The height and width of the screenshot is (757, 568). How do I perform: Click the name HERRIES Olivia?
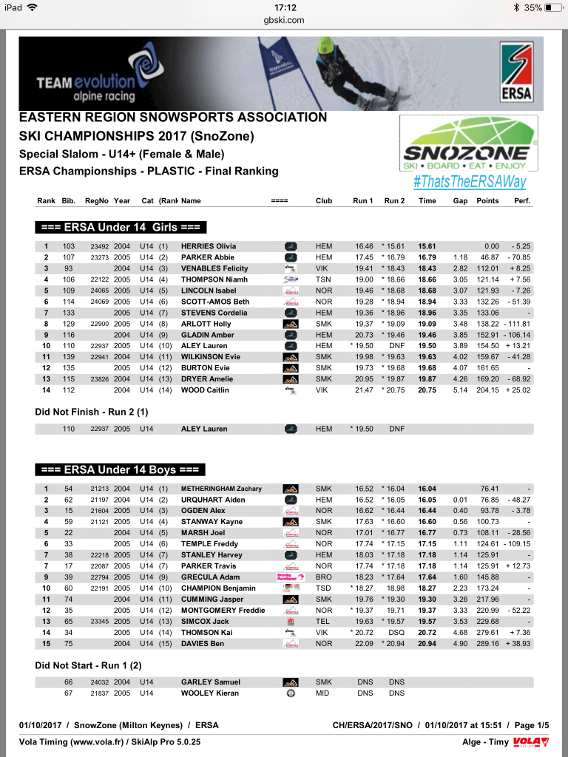208,246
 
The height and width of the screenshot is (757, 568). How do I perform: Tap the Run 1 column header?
362,200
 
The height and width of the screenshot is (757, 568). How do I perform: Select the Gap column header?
460,200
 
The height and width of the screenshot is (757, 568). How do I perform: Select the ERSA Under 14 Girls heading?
121,227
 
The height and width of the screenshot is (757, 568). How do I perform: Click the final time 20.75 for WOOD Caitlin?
427,390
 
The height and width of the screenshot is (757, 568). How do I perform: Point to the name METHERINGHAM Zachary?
222,489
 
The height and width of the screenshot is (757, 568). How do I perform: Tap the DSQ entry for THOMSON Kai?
397,633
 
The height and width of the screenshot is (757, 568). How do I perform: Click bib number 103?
69,246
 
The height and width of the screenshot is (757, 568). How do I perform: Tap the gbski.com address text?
284,20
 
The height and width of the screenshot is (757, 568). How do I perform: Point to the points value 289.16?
487,644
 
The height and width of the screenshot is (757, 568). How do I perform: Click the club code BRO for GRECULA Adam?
324,577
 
